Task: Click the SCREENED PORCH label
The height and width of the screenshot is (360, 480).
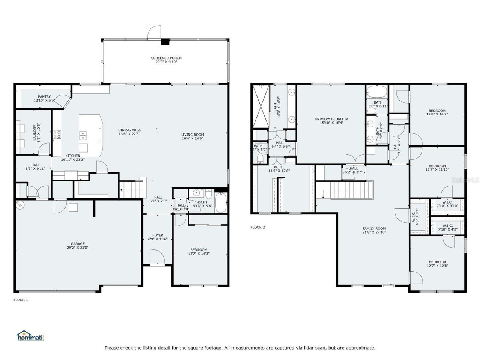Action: pyautogui.click(x=166, y=58)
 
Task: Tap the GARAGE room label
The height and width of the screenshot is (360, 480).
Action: pyautogui.click(x=78, y=243)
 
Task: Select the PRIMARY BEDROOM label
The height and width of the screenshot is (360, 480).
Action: pyautogui.click(x=331, y=119)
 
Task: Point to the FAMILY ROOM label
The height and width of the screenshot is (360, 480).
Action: pyautogui.click(x=374, y=228)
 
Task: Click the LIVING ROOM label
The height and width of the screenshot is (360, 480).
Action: pyautogui.click(x=192, y=135)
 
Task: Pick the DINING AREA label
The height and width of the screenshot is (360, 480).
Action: pyautogui.click(x=129, y=130)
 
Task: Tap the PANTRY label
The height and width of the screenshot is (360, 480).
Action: pyautogui.click(x=44, y=97)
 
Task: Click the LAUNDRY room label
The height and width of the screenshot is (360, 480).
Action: pyautogui.click(x=34, y=133)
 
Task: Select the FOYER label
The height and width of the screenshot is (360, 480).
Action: pyautogui.click(x=158, y=235)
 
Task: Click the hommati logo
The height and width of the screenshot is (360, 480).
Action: pyautogui.click(x=31, y=336)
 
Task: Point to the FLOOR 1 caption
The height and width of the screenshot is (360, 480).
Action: pyautogui.click(x=21, y=300)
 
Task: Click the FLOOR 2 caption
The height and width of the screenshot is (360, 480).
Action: pyautogui.click(x=258, y=227)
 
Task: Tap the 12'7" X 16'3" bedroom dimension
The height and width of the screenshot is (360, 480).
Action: pyautogui.click(x=199, y=254)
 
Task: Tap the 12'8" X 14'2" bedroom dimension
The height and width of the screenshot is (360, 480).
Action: pyautogui.click(x=437, y=114)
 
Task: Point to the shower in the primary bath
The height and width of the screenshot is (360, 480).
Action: pyautogui.click(x=261, y=106)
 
